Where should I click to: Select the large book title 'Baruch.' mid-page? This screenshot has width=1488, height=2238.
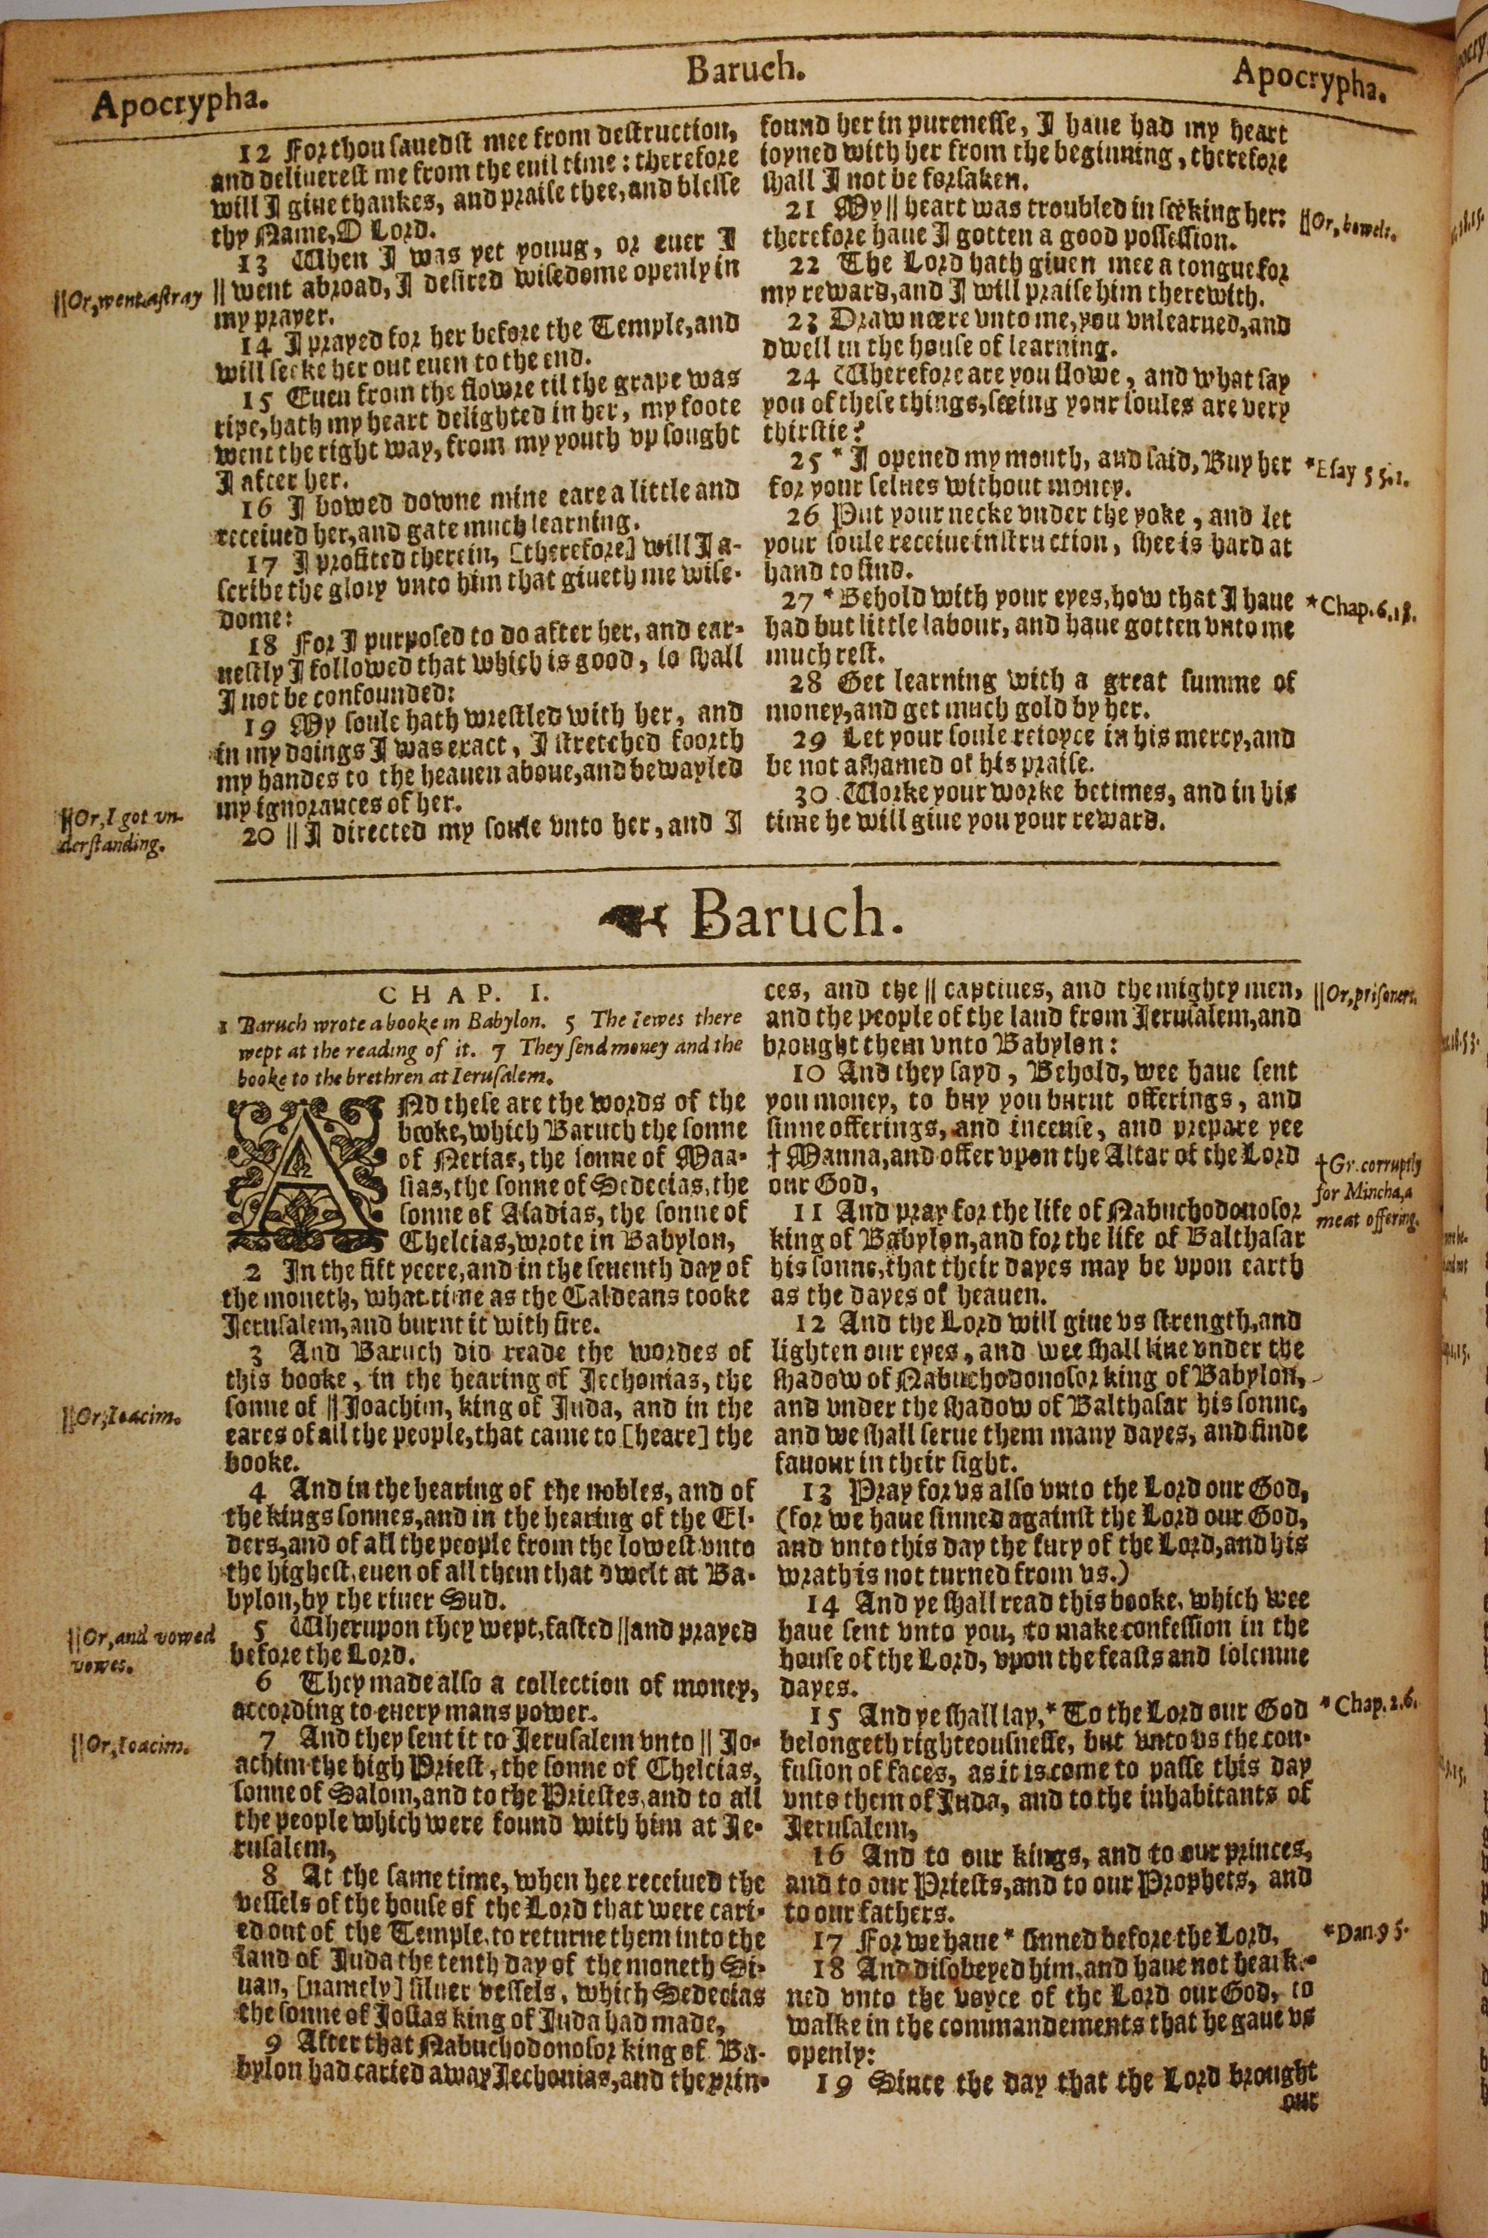pos(795,918)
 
